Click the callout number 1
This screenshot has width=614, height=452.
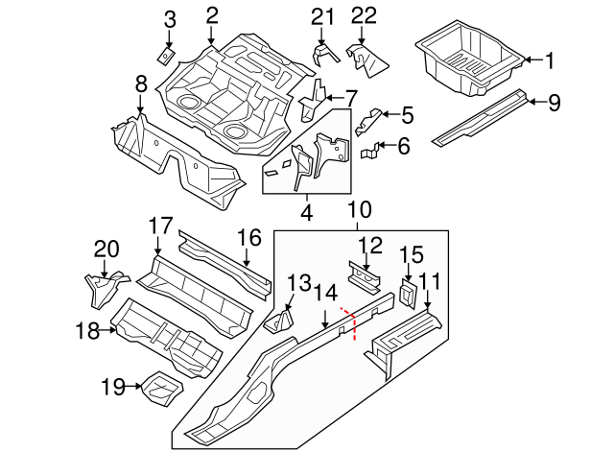point(550,60)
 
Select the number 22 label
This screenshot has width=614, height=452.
point(364,15)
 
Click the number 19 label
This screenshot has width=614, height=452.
point(113,388)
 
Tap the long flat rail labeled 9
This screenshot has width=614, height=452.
point(480,116)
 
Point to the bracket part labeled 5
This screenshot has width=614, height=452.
point(369,121)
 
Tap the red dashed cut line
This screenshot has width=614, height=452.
point(351,322)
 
